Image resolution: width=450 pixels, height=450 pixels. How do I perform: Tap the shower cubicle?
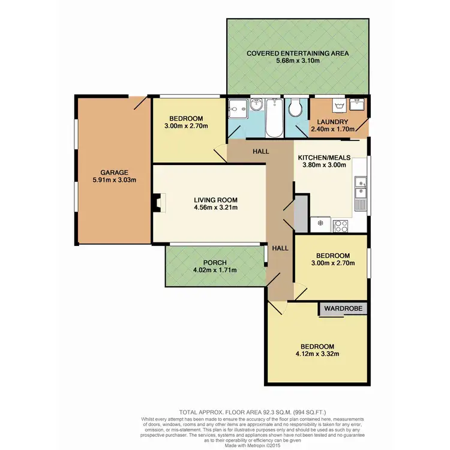point(237,108)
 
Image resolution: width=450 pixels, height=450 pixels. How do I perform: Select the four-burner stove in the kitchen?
point(341,226)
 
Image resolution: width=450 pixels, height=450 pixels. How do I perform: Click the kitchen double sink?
point(360,191)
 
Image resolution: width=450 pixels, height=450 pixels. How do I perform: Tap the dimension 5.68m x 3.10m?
point(298,61)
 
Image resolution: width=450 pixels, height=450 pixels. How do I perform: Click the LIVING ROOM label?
point(215,200)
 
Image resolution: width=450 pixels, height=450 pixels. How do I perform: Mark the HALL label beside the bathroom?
point(260,152)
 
